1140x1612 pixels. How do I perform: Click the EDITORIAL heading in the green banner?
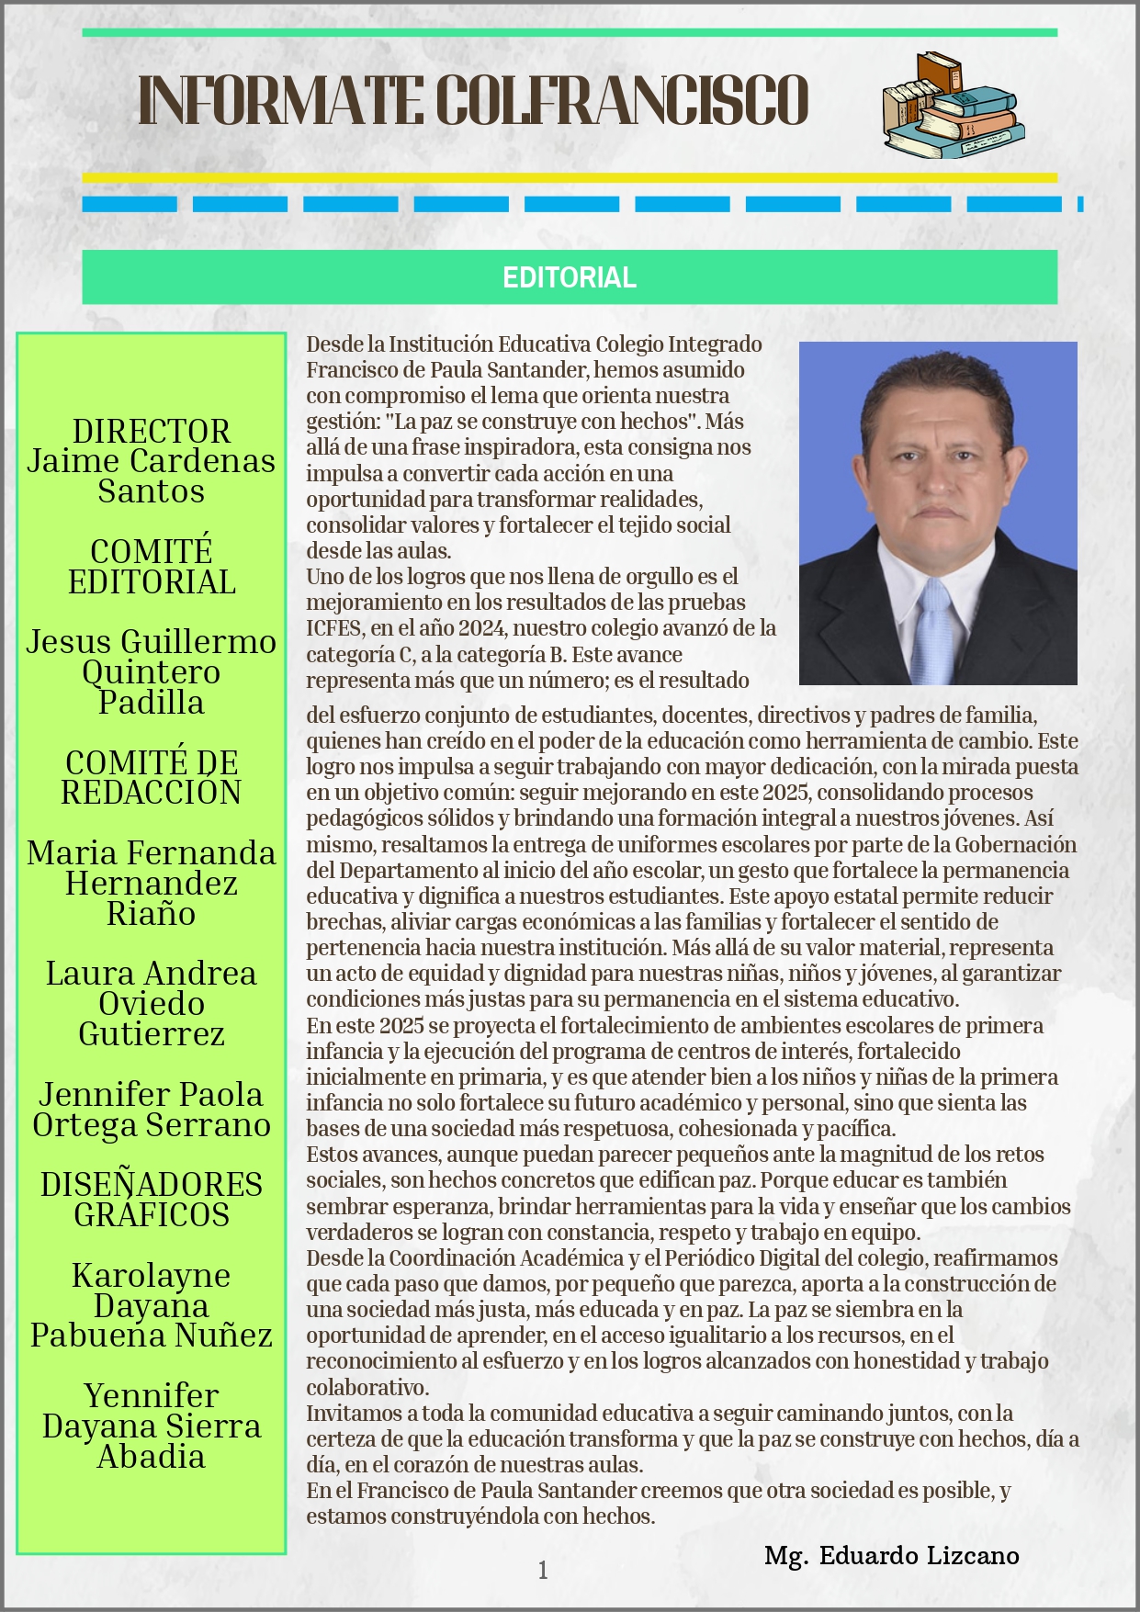[569, 277]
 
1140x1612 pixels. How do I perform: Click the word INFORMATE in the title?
[280, 100]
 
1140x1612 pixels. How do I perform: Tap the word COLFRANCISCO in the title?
[621, 100]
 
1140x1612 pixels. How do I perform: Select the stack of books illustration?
[953, 107]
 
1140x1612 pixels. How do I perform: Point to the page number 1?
[543, 1571]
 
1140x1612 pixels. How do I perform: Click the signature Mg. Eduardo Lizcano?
[891, 1555]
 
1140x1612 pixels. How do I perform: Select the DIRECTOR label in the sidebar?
[152, 432]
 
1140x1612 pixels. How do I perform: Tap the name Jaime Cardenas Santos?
[152, 476]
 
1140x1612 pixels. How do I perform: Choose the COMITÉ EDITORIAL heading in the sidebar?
[152, 567]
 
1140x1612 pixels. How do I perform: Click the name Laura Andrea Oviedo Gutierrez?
[152, 1003]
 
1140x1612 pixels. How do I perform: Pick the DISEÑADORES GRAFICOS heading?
[152, 1200]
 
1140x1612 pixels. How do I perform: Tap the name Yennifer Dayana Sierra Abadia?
[152, 1426]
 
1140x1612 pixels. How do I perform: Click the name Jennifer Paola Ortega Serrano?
[152, 1110]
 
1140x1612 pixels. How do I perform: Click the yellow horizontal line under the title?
[570, 178]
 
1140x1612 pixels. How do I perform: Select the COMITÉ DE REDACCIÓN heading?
[152, 777]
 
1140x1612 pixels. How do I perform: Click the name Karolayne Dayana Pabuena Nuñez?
[152, 1305]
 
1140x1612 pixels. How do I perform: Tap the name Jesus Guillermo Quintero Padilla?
[152, 671]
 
